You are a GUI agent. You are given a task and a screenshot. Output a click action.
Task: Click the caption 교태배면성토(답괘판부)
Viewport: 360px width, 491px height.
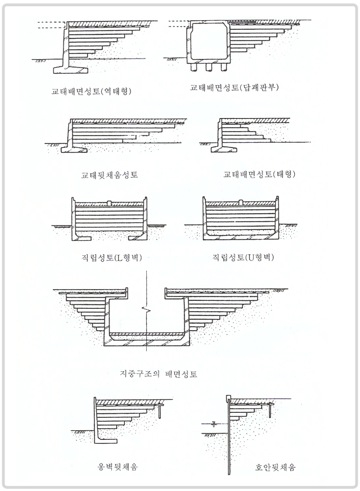coord(238,88)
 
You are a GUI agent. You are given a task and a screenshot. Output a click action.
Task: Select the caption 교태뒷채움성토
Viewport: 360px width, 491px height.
coord(109,174)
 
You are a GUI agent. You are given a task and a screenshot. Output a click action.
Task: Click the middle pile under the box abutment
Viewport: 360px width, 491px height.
coord(209,67)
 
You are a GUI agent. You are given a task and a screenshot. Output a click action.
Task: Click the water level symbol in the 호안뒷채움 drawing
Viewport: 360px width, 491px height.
coord(214,423)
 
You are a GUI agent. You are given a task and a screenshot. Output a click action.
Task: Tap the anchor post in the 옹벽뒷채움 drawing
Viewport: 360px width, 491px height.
coord(160,411)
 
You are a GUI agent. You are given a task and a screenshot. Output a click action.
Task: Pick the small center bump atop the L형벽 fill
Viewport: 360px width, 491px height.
coord(110,202)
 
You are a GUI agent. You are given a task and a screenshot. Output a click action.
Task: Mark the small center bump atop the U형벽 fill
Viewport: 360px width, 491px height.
coord(241,202)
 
